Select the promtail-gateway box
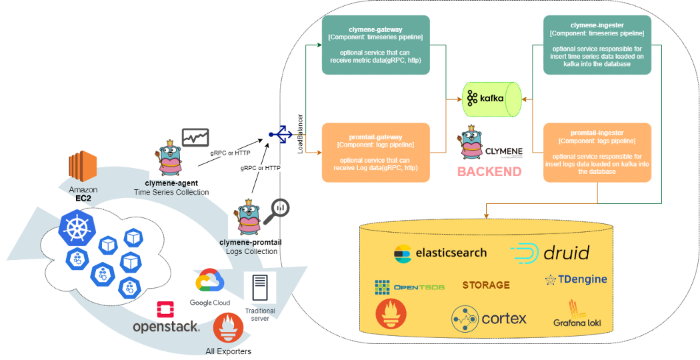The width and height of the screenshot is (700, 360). (x=375, y=153)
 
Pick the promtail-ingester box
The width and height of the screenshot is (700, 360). (x=597, y=153)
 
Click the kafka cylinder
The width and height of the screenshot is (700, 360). (x=492, y=99)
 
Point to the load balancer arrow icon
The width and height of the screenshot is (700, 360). (x=280, y=135)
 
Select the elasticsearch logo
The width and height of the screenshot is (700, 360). (x=440, y=253)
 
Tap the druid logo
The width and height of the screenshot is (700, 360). (x=550, y=253)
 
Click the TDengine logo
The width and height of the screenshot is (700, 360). (x=576, y=279)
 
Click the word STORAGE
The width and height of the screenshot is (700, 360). (x=486, y=285)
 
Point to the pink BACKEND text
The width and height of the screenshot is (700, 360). (x=489, y=171)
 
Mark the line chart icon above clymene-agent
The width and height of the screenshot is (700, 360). (x=195, y=137)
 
